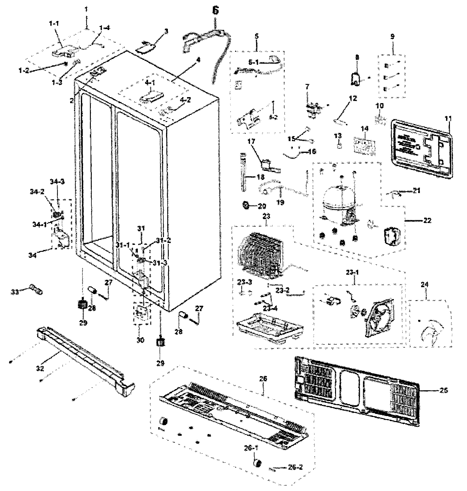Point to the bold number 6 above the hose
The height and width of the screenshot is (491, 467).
[x=216, y=10]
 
